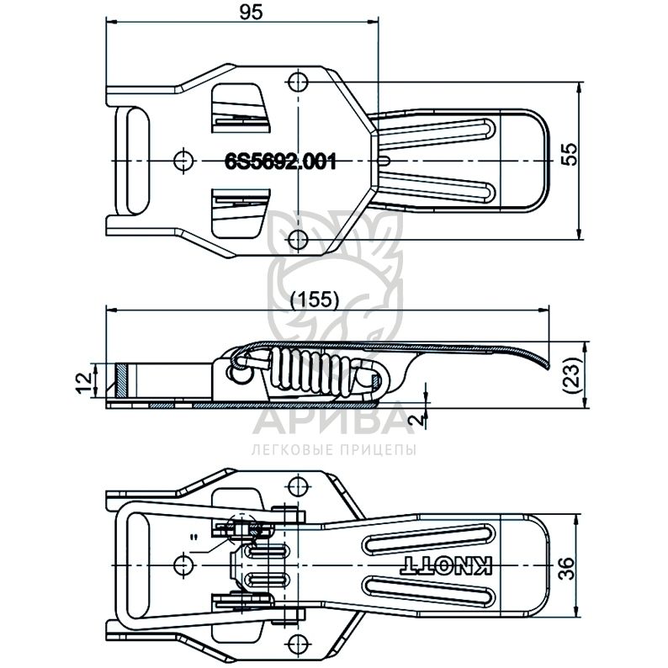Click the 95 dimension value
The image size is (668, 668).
[x=251, y=12]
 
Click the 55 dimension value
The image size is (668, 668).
[x=570, y=155]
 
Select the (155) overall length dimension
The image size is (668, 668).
[x=315, y=300]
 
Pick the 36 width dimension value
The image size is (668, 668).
[x=570, y=568]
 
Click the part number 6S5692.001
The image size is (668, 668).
[x=280, y=162]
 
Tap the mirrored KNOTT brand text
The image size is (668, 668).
[x=447, y=565]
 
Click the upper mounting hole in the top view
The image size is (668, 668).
[x=298, y=81]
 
